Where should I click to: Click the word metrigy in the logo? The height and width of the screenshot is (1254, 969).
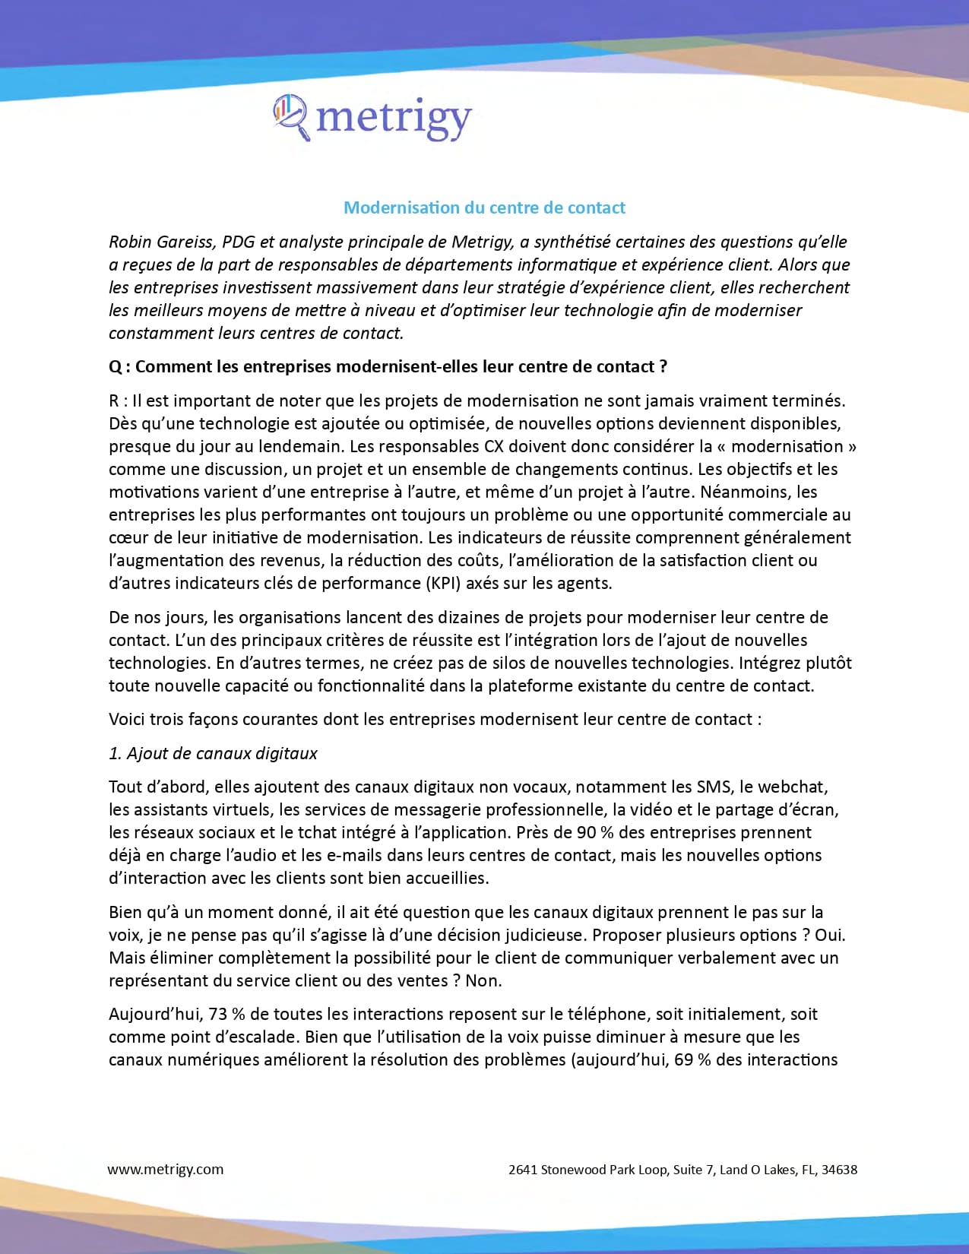(394, 119)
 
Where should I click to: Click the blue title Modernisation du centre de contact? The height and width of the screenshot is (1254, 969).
(484, 207)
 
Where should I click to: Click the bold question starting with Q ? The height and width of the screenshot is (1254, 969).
(388, 366)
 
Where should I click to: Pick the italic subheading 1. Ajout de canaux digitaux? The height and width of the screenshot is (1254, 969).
(213, 753)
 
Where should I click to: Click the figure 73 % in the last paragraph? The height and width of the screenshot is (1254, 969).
(226, 1014)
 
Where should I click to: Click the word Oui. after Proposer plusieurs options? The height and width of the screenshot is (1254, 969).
(830, 935)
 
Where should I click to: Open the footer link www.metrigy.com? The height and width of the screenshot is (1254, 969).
(166, 1169)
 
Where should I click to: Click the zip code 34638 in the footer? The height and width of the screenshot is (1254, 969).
(839, 1170)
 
